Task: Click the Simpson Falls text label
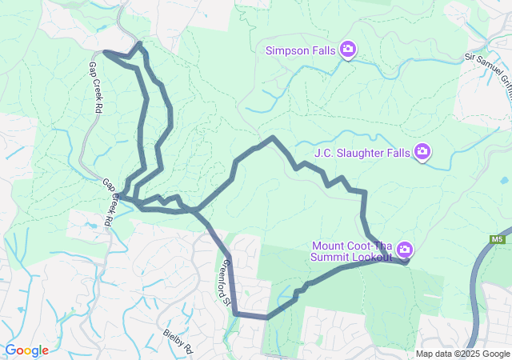(302, 51)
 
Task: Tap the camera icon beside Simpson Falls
(348, 50)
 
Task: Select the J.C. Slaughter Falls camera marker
(422, 151)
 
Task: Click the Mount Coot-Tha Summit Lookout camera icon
(405, 250)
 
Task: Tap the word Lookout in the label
(374, 258)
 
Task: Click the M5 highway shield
(498, 239)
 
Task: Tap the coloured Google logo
(26, 350)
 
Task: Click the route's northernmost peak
(141, 43)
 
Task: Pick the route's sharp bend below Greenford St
(236, 314)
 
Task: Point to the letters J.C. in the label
(323, 152)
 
